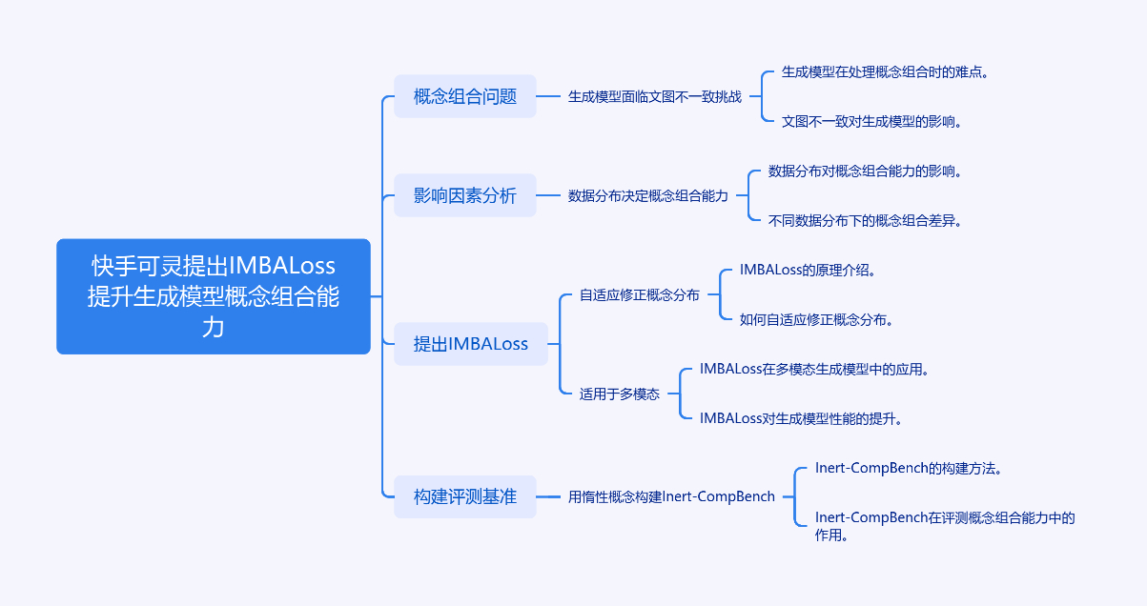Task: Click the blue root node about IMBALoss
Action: click(x=213, y=296)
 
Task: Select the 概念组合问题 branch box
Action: click(x=465, y=96)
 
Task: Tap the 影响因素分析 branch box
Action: click(x=465, y=195)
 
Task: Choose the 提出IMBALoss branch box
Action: click(x=471, y=344)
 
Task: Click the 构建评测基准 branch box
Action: click(x=465, y=496)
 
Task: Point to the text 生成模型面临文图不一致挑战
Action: click(x=655, y=96)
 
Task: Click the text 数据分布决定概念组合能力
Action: click(x=648, y=195)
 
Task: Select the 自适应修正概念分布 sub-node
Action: click(x=640, y=294)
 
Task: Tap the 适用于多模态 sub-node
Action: click(x=620, y=394)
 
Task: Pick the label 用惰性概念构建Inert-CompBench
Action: click(x=671, y=496)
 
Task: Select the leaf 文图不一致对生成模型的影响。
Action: click(x=871, y=121)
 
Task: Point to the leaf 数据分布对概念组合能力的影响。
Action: click(x=865, y=171)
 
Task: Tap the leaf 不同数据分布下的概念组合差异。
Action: click(x=865, y=220)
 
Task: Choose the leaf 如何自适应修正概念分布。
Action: click(x=817, y=319)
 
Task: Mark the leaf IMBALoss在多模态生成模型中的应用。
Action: click(x=814, y=369)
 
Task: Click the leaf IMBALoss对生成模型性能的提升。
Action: click(x=801, y=418)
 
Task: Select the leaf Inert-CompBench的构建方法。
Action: click(x=908, y=468)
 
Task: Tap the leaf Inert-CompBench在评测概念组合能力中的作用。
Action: click(x=944, y=526)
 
